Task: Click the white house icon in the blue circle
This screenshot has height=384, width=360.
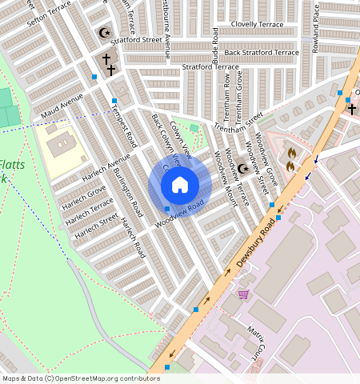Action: tap(180, 185)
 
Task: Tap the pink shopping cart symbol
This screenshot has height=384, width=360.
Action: tap(242, 294)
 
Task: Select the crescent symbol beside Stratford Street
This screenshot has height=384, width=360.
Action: tap(102, 33)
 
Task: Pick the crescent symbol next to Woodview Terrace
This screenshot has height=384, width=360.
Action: tap(242, 169)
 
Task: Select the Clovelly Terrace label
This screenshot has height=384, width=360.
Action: tap(256, 25)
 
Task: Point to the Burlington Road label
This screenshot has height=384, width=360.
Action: tap(127, 192)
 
